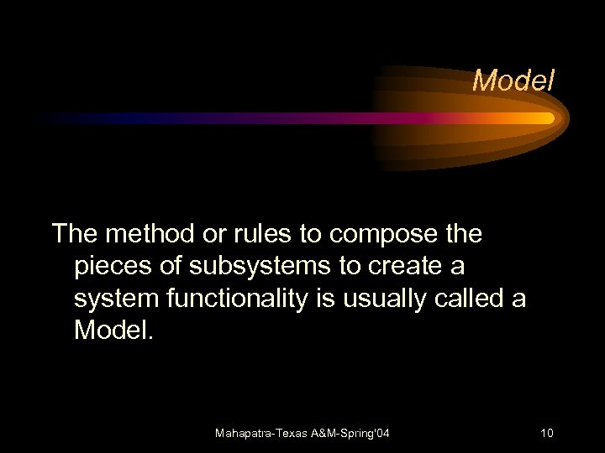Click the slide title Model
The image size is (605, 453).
click(x=513, y=81)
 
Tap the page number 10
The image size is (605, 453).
click(x=546, y=434)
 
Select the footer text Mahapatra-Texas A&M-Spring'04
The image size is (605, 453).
click(x=302, y=434)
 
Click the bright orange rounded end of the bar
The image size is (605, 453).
click(x=546, y=118)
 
